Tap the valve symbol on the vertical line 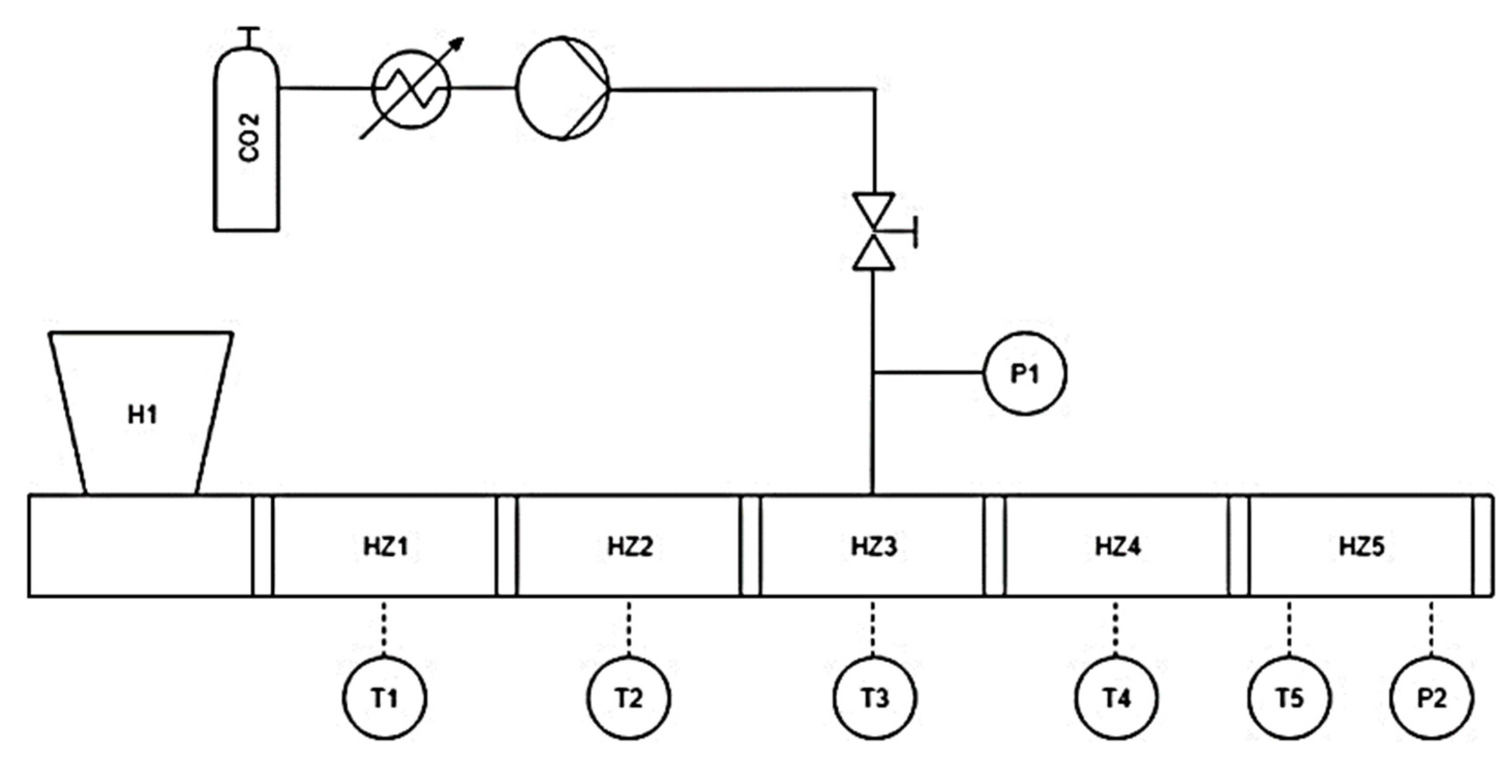coord(874,231)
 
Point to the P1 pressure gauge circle coord(1025,373)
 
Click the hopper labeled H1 coord(142,414)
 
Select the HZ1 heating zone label coord(385,546)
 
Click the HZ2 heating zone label coord(630,546)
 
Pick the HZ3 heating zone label coord(874,546)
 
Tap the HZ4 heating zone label coord(1118,546)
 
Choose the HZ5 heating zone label coord(1361,546)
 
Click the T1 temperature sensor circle coord(384,698)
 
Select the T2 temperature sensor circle coord(629,698)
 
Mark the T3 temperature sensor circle coord(874,698)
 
